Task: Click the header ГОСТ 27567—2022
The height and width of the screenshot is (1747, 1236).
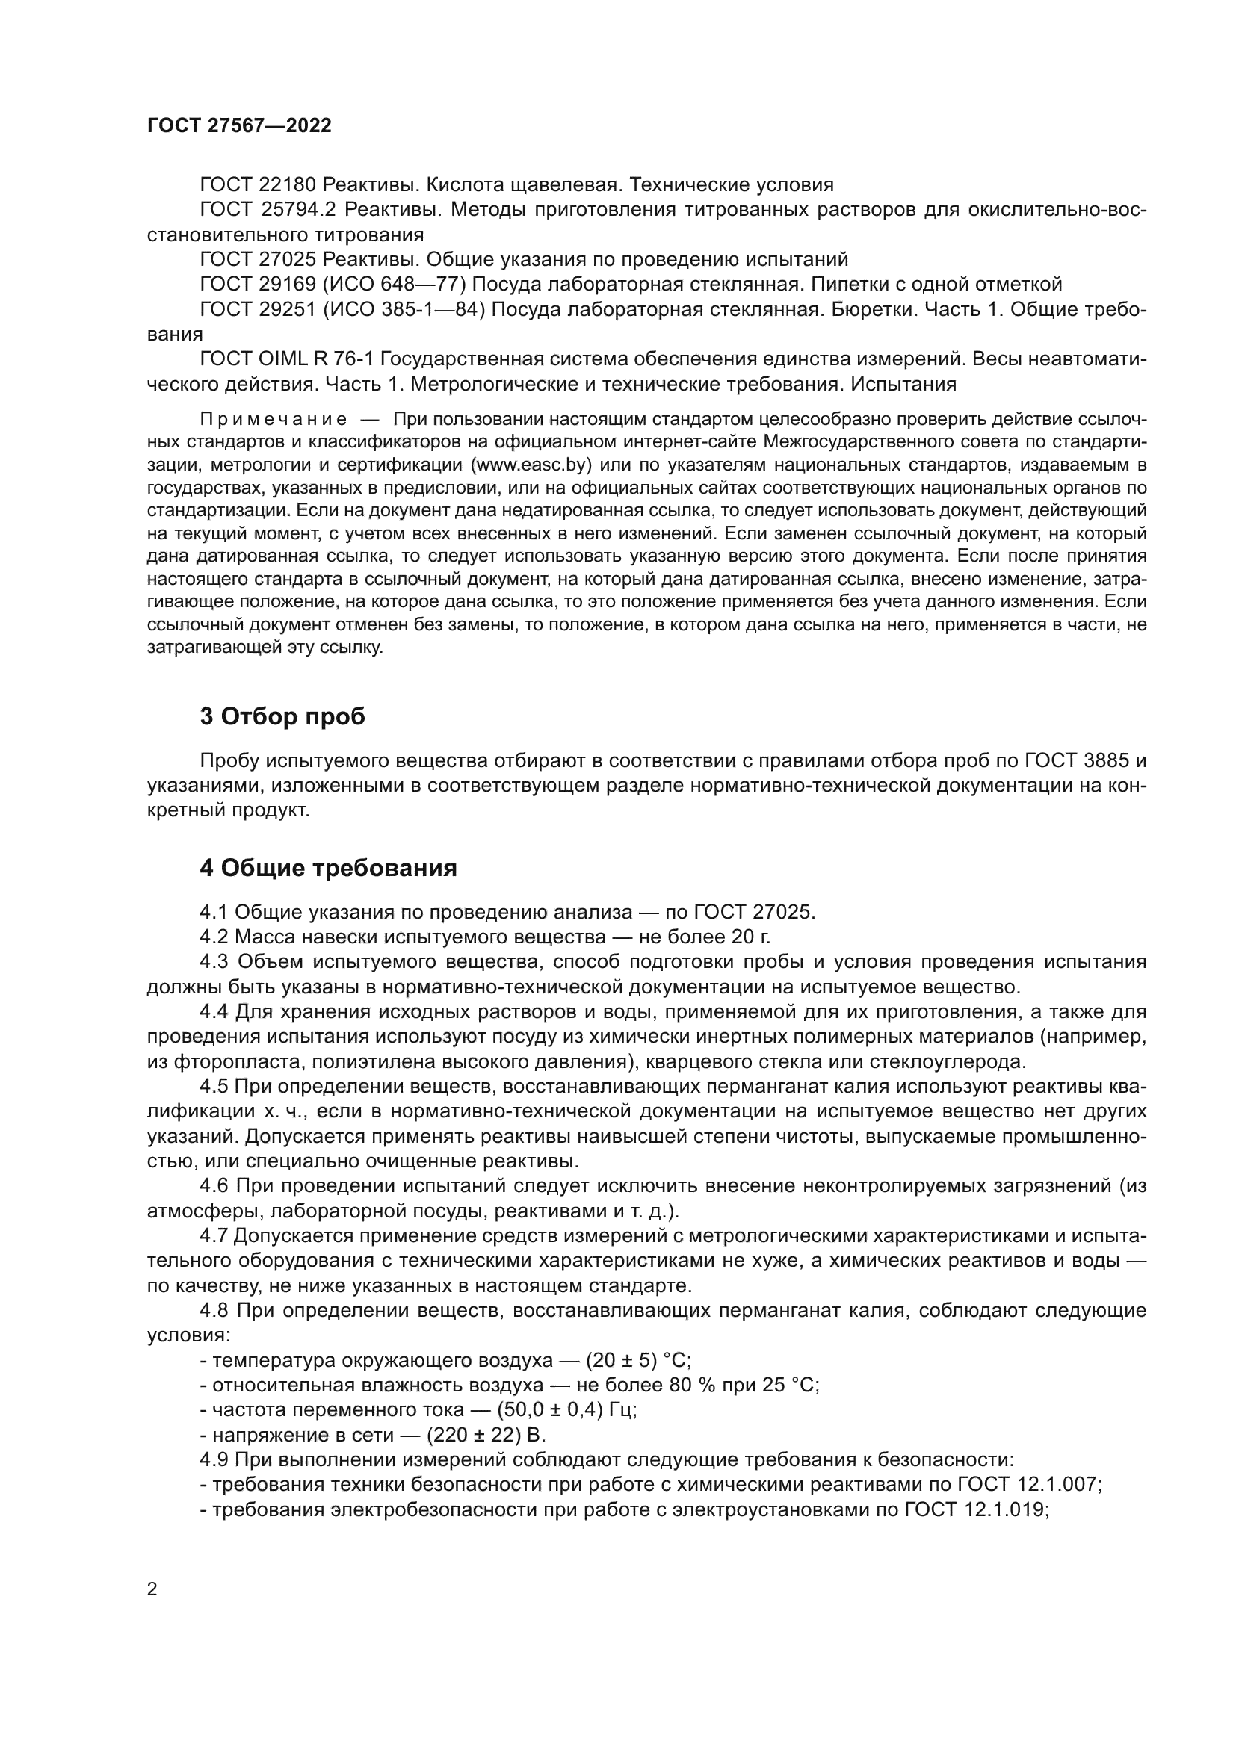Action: (239, 125)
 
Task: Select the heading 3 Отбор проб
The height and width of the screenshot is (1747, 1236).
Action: (282, 716)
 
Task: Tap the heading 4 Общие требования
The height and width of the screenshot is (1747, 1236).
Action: (328, 867)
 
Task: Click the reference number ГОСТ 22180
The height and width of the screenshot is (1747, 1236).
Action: (257, 185)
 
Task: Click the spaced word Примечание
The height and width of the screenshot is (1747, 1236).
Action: (274, 419)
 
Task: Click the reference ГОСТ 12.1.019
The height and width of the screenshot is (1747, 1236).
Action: (975, 1509)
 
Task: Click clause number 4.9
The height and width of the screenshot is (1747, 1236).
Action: (214, 1459)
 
